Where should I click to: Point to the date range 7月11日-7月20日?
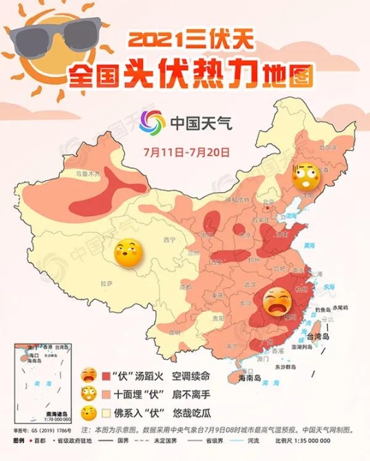pos(186,150)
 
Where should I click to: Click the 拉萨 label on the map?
pos(106,283)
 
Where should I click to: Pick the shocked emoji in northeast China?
pos(303,176)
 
